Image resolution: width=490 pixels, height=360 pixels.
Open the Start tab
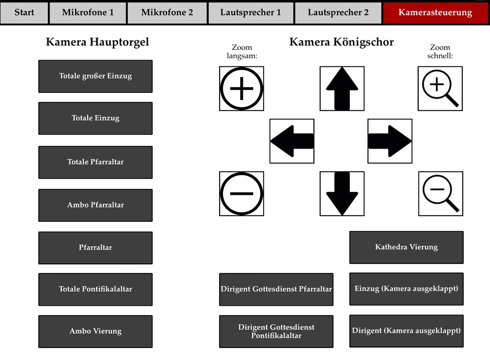click(24, 12)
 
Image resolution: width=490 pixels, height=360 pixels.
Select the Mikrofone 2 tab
click(167, 12)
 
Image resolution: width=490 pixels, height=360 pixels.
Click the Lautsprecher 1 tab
click(251, 12)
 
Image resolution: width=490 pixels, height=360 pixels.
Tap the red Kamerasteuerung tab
click(435, 12)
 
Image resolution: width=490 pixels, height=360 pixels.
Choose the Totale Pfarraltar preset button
click(95, 162)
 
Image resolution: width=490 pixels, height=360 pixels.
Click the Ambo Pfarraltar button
click(95, 205)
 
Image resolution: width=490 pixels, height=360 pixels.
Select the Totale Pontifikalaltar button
click(95, 289)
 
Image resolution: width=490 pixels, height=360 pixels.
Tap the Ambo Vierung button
click(95, 331)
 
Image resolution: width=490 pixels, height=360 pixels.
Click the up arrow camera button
click(342, 88)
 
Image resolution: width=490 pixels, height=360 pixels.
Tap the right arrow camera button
click(390, 141)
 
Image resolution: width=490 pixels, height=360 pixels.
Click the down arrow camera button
click(342, 194)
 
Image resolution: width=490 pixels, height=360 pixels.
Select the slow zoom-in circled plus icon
click(242, 88)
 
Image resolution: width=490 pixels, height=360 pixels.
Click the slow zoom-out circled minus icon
click(242, 194)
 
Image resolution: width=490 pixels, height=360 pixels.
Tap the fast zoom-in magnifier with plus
click(440, 88)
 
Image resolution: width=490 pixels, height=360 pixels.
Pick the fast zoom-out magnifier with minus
click(441, 194)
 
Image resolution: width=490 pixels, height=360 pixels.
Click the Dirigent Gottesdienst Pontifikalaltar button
click(276, 331)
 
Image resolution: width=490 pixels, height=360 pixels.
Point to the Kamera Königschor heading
click(342, 42)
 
